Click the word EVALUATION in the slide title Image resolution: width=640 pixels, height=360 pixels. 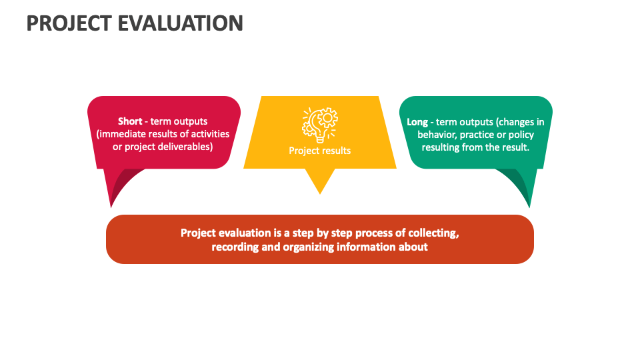tap(181, 23)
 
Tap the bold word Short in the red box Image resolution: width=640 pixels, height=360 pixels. tap(130, 121)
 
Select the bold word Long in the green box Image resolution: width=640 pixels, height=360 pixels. tap(417, 122)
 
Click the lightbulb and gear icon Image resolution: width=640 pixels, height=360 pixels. tap(320, 125)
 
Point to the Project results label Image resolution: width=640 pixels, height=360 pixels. tap(320, 151)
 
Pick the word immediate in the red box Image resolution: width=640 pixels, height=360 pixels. tap(122, 134)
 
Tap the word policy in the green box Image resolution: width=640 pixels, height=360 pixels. tap(521, 135)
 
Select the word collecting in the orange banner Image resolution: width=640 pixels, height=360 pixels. tap(433, 233)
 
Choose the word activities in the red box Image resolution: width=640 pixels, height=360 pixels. tap(211, 134)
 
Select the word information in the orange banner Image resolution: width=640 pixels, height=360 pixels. tap(369, 247)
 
